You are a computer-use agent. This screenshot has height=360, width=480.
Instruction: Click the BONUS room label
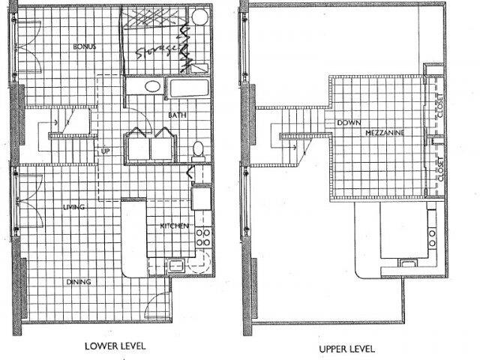click(x=84, y=46)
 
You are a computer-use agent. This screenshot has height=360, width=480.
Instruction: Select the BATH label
click(x=177, y=115)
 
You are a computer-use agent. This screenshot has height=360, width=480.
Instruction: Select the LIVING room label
click(x=73, y=206)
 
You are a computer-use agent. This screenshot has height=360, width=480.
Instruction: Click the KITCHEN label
click(x=174, y=226)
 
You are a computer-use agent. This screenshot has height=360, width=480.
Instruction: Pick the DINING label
click(x=78, y=282)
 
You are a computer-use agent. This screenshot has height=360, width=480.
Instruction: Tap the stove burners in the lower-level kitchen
click(x=202, y=238)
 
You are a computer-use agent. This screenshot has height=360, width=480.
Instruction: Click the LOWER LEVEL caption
click(x=115, y=347)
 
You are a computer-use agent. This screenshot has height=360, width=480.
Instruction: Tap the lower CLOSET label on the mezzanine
click(x=439, y=168)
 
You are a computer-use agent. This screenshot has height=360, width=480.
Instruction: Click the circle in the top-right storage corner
click(x=199, y=18)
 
